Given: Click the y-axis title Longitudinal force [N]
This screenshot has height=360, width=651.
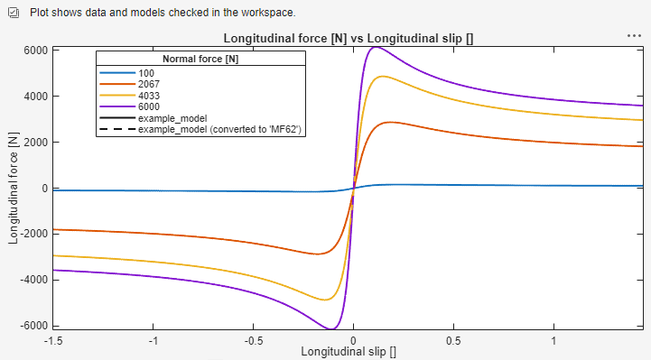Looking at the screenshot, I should click(13, 188).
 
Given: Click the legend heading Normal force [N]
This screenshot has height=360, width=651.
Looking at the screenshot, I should click(200, 60).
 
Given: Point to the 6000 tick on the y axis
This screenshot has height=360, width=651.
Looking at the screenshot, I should click(33, 51).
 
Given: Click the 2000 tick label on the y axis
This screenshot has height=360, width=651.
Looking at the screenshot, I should click(33, 143).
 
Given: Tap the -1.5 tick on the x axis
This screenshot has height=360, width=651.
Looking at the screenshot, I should click(56, 340).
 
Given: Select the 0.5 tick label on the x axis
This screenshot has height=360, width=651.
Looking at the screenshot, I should click(452, 340).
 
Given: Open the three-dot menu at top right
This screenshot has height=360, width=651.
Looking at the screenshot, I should click(634, 35).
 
